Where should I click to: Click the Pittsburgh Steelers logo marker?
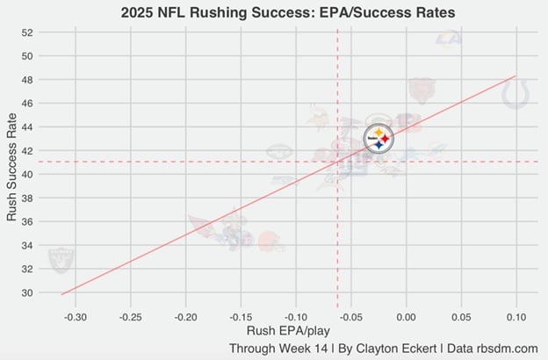click(379, 138)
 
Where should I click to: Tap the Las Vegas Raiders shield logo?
click(61, 260)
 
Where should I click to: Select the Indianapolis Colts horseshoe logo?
click(516, 94)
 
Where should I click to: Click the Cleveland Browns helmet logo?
click(269, 241)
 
